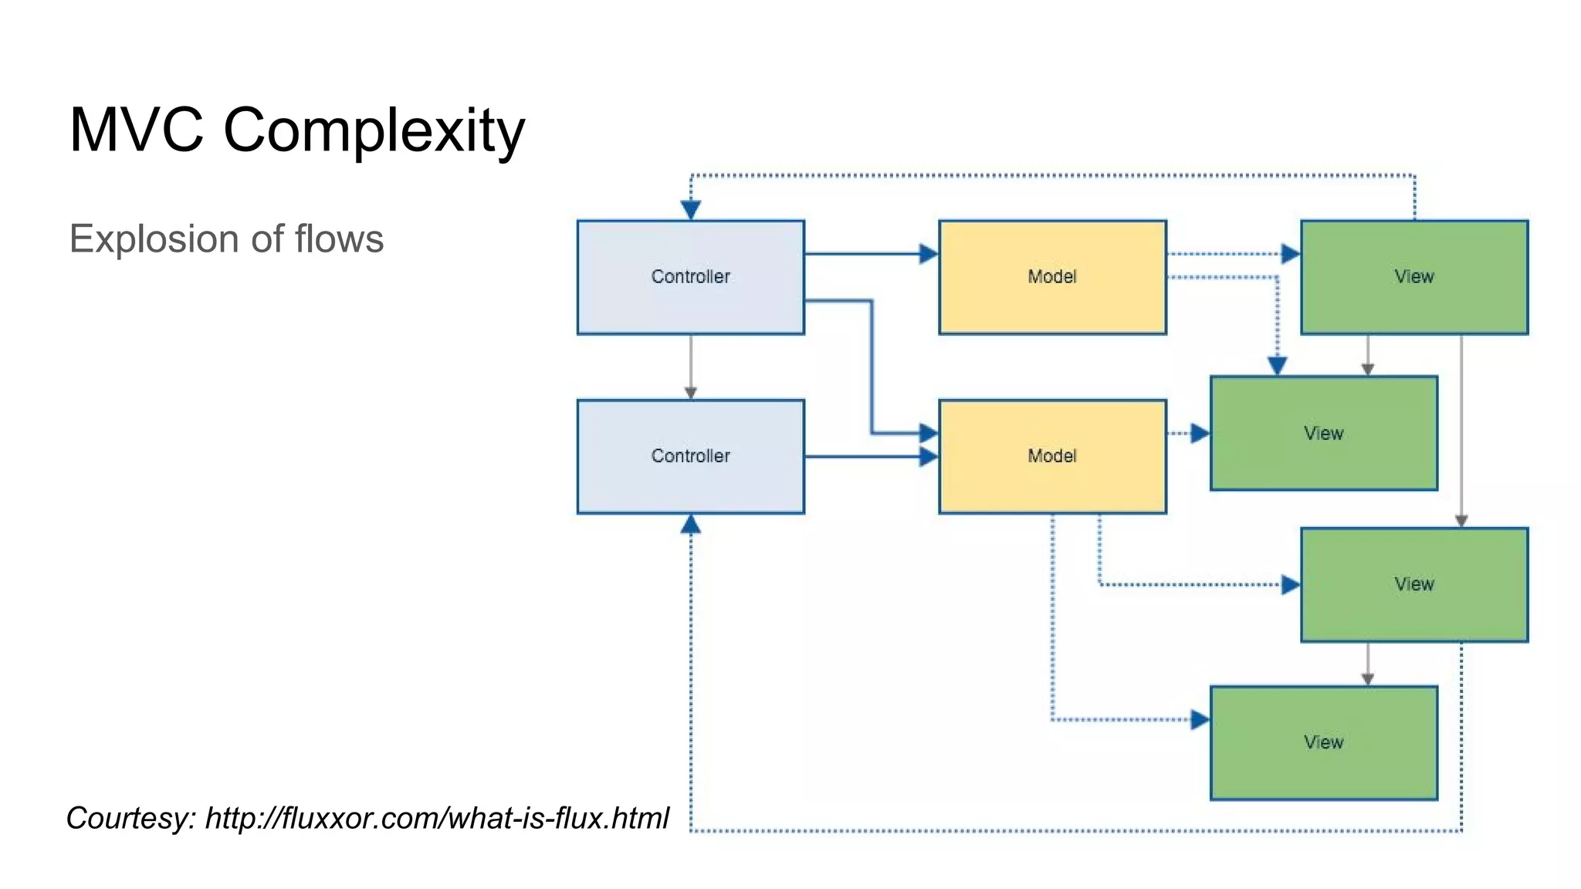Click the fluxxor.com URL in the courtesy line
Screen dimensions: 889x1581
pos(437,818)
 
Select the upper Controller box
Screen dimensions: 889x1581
pos(690,277)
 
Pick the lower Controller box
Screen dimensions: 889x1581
pos(690,456)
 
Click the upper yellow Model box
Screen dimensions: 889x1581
pos(1051,277)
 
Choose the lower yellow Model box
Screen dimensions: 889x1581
pos(1051,456)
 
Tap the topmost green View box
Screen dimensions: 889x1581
pos(1413,277)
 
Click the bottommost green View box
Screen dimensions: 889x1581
pos(1323,742)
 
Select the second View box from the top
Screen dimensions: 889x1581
pos(1323,433)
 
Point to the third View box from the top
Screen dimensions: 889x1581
pos(1413,584)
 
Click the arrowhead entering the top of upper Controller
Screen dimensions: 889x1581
pos(691,209)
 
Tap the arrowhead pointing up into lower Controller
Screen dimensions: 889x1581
pos(691,526)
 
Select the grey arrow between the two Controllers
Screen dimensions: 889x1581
pos(691,367)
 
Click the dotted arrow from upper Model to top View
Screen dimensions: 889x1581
pos(1227,254)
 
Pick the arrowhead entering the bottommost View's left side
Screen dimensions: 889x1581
pos(1200,720)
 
